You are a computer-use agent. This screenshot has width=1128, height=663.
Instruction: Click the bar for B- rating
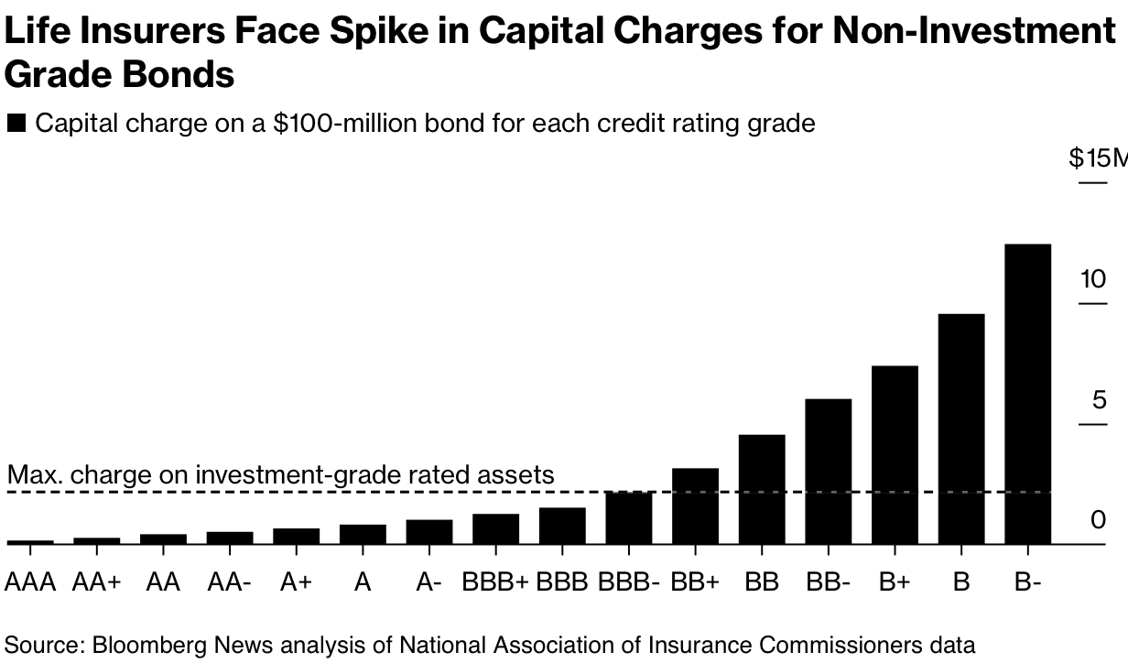[1027, 394]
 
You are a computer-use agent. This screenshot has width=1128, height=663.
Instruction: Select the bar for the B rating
[961, 429]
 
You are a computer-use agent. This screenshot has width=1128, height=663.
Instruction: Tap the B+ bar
[895, 455]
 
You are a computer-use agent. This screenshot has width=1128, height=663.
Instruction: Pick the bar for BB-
[829, 472]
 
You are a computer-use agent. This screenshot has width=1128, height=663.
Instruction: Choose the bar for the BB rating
[762, 489]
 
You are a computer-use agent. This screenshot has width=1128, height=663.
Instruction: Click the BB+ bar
[696, 506]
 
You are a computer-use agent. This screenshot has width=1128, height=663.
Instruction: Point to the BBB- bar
[629, 518]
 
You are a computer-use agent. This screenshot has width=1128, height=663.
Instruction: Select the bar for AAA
[30, 542]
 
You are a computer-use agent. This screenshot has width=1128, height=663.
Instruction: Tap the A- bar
[429, 532]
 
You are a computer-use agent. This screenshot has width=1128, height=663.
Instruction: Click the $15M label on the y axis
[1098, 158]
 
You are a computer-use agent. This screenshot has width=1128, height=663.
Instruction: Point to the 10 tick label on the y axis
[1093, 279]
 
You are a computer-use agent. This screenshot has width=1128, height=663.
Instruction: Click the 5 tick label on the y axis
[1100, 400]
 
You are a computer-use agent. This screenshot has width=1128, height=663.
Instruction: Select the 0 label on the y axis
[1099, 520]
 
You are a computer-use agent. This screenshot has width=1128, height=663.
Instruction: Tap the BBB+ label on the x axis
[495, 581]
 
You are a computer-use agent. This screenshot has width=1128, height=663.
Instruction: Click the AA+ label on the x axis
[97, 581]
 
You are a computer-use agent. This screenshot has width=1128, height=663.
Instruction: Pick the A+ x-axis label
[296, 581]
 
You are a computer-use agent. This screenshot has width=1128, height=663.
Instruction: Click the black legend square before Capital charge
[16, 124]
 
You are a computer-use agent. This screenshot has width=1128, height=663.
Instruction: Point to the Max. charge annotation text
[280, 474]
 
